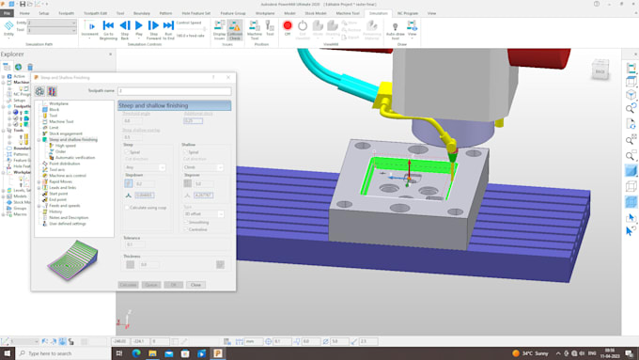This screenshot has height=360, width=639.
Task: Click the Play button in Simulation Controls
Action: click(138, 27)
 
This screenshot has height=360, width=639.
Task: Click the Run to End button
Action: click(168, 27)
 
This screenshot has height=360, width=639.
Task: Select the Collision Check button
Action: click(234, 29)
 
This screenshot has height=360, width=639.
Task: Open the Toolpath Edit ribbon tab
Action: click(95, 13)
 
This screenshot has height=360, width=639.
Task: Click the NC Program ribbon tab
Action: click(408, 13)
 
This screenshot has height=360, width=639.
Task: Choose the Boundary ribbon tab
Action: click(142, 13)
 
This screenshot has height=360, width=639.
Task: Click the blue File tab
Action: click(8, 13)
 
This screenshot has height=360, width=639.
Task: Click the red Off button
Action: click(288, 27)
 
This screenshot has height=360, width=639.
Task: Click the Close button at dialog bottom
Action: click(195, 284)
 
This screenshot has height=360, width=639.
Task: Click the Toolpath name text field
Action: click(174, 91)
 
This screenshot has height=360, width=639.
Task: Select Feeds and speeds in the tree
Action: click(65, 205)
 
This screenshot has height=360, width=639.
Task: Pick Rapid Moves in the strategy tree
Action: click(62, 181)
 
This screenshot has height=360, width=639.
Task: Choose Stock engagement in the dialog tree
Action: click(66, 133)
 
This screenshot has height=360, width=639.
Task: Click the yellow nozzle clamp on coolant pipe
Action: click(453, 148)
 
